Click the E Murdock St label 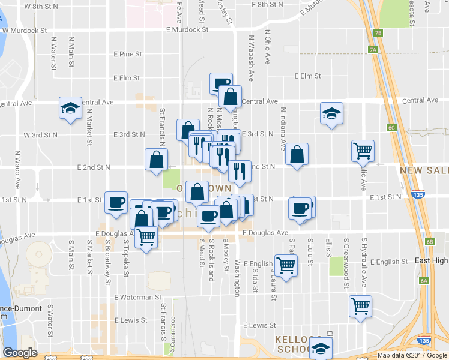(187, 29)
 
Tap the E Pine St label (127, 54)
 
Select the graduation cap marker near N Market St (70, 109)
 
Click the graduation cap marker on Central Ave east (331, 114)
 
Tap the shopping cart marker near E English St (286, 264)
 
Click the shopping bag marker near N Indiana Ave (297, 155)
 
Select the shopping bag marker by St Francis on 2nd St (156, 160)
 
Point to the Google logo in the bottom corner (20, 353)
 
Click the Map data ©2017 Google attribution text (412, 355)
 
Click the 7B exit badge (377, 33)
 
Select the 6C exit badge (392, 128)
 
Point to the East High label (432, 261)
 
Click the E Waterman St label (138, 296)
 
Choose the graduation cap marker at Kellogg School (321, 349)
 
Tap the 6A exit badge (424, 281)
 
